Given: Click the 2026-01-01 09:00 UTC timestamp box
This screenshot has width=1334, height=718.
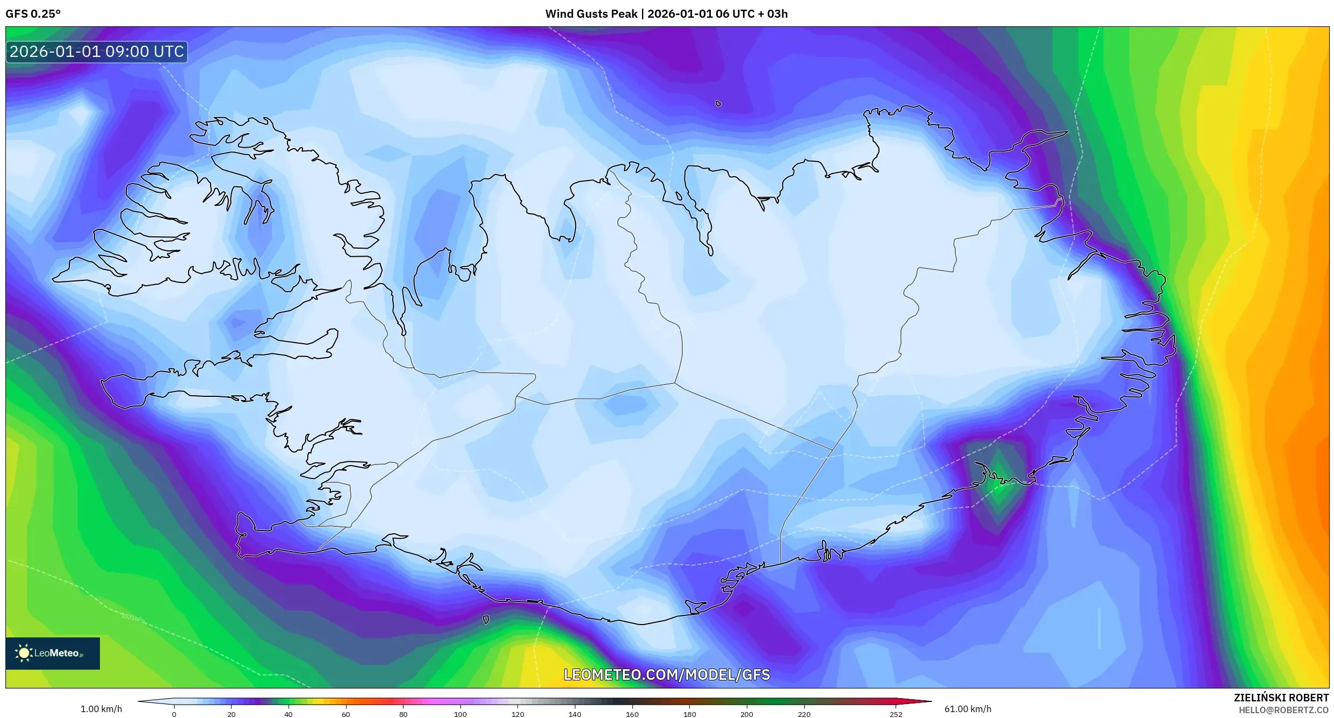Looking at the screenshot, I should tap(97, 52).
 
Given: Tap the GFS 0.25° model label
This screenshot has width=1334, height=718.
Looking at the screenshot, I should tap(33, 14).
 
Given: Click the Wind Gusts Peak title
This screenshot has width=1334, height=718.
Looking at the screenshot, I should tap(666, 14).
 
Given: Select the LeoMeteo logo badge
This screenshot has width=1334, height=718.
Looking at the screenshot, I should tap(53, 653).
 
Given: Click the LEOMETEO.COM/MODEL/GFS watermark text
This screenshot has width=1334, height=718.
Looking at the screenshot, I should tap(666, 675).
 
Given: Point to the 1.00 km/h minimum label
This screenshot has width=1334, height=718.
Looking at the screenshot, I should tap(101, 709).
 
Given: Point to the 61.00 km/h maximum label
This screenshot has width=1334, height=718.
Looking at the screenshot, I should tap(968, 709).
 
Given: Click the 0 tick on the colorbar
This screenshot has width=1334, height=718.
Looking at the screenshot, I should tap(174, 714).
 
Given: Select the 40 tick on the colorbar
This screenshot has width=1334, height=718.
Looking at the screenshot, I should tap(289, 714).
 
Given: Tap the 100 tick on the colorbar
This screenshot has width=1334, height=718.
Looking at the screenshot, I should tap(460, 714).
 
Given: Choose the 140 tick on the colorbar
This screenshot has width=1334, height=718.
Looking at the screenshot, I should tap(575, 714).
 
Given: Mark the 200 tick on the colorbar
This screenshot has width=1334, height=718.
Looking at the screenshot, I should tap(747, 714).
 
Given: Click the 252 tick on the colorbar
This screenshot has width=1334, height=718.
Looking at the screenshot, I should tap(896, 714).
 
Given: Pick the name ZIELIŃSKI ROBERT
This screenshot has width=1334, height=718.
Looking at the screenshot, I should tap(1281, 698).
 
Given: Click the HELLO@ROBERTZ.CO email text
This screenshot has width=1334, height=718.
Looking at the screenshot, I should tap(1283, 710).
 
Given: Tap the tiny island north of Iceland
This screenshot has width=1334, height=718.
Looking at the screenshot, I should tap(718, 104).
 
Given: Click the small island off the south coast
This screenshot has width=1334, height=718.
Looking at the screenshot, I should tap(486, 620).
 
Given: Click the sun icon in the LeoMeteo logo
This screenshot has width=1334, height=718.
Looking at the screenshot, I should tap(24, 653).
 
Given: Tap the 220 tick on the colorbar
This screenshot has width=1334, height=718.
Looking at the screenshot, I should tap(804, 714).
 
